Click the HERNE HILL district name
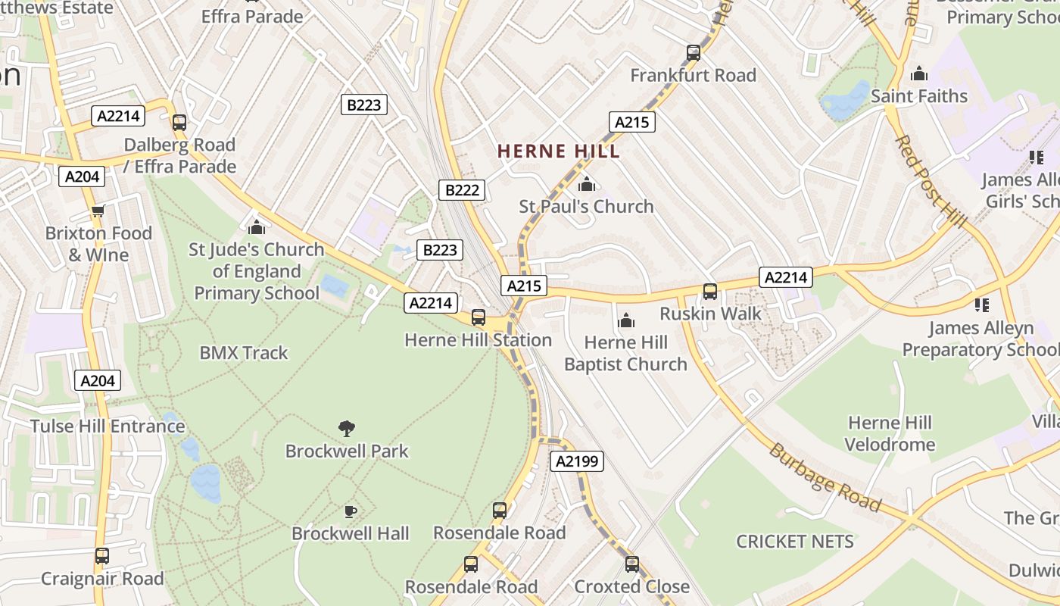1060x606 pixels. click(559, 151)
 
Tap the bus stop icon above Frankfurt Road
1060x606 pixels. click(694, 53)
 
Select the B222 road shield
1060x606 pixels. click(462, 190)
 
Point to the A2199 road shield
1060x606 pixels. click(577, 461)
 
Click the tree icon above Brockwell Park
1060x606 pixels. click(347, 429)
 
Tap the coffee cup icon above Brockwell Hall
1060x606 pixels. click(350, 511)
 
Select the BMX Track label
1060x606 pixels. click(244, 353)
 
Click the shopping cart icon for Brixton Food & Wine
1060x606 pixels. click(98, 211)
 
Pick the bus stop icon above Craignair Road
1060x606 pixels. click(102, 556)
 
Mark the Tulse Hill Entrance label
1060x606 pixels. click(108, 426)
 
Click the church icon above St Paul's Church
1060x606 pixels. click(586, 184)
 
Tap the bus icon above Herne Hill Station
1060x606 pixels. click(479, 317)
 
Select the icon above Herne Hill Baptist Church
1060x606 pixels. click(625, 321)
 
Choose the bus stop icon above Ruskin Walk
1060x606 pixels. click(710, 292)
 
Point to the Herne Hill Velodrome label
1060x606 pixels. click(890, 433)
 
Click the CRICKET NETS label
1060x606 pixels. click(795, 542)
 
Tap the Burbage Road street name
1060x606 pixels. click(825, 478)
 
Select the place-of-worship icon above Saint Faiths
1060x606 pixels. click(919, 73)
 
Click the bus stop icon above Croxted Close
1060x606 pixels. click(632, 564)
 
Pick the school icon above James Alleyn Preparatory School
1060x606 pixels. click(982, 305)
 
